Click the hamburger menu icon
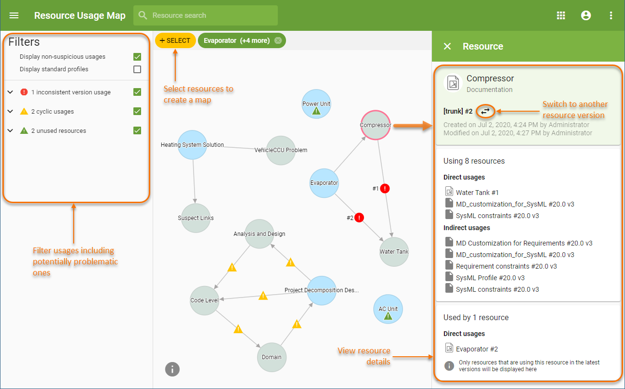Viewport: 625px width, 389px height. point(14,15)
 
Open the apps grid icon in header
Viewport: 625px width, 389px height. point(561,15)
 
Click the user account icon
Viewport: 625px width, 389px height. point(586,15)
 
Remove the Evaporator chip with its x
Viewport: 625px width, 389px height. point(278,40)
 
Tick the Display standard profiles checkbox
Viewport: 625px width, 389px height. point(137,69)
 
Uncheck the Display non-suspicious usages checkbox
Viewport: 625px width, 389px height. point(137,57)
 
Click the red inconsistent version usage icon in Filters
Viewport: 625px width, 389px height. point(24,92)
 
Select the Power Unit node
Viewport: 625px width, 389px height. point(316,104)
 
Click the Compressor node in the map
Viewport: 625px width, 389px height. point(376,125)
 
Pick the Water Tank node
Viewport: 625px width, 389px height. point(394,251)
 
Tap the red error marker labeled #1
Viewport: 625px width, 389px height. point(385,189)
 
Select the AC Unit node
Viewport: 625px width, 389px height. point(388,309)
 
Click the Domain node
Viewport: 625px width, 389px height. point(272,357)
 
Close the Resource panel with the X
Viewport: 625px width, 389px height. point(447,46)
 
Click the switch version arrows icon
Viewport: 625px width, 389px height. point(485,111)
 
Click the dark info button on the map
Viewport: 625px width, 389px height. point(172,369)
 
